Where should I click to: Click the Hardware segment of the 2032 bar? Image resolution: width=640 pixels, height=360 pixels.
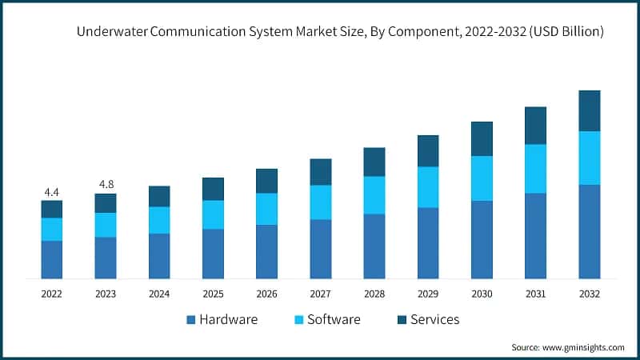coord(590,231)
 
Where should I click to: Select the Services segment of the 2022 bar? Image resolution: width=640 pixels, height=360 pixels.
coord(52,209)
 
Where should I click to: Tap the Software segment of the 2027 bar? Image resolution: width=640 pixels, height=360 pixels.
coord(321,202)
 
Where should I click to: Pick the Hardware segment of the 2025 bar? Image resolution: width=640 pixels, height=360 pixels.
coord(213,254)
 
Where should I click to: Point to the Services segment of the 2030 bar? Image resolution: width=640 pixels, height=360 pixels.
coord(482,138)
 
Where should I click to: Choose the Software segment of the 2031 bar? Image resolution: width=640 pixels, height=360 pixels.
coord(535,169)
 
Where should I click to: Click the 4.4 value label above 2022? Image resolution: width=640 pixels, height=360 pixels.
coord(52,192)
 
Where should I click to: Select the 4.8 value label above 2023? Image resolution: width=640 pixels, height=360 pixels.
coord(106,185)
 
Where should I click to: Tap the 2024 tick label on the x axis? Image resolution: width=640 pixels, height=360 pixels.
coord(159,294)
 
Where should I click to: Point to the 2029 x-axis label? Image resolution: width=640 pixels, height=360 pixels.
coord(428,294)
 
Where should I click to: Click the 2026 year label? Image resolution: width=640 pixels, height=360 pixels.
coord(267,294)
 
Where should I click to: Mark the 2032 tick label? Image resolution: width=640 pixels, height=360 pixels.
coord(590,294)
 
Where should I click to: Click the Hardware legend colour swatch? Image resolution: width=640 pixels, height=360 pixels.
coord(190,320)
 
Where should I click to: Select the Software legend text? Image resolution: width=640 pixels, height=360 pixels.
coord(334,320)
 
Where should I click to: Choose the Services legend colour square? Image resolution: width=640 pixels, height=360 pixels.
coord(402,320)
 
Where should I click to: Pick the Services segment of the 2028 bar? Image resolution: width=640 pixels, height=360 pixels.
coord(374,162)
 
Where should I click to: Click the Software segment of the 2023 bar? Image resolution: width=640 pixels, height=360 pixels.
coord(106,225)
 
